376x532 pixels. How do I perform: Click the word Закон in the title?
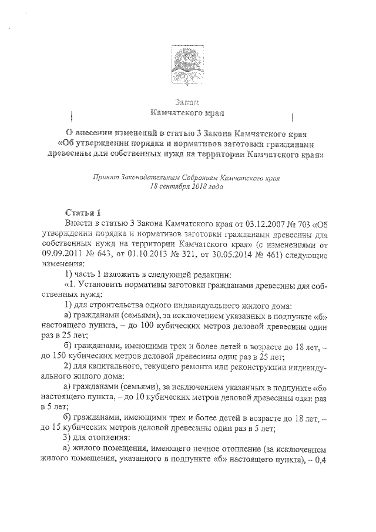[188, 101]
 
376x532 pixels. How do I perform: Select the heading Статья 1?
[82, 212]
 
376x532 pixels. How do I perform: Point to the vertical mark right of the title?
[293, 113]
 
